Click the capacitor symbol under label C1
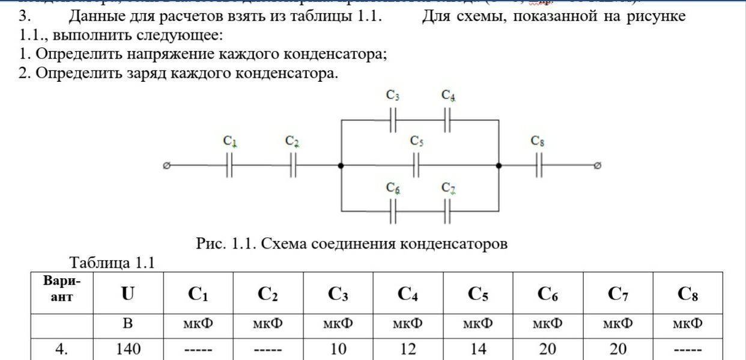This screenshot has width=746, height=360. coord(229,165)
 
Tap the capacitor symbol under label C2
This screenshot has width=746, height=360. coord(293,165)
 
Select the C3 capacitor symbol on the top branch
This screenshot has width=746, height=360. coord(393,120)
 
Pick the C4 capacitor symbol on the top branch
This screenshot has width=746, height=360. coord(448,120)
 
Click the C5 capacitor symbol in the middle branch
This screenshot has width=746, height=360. coord(416,165)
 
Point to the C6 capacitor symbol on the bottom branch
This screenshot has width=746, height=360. coord(393,212)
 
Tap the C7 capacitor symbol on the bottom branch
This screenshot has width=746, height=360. coord(448,212)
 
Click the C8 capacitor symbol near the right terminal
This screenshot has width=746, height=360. coord(538,165)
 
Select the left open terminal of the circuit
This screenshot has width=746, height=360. coord(166,165)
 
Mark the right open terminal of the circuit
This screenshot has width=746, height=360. coord(596,165)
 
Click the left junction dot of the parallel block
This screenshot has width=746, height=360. coord(341,165)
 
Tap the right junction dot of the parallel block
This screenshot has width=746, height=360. coord(499,165)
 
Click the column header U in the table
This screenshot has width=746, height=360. coord(128,294)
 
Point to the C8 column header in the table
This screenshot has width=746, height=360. coord(687,294)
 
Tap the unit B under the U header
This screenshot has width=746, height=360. coord(128,324)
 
